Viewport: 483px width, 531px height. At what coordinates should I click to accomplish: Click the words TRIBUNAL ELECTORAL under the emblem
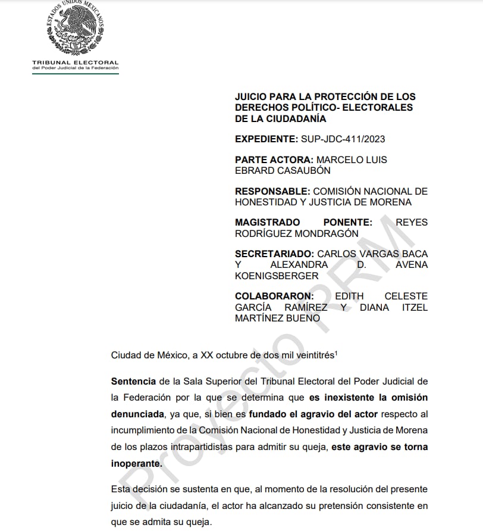coord(75,63)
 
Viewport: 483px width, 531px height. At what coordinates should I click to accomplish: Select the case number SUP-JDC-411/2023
coord(343,139)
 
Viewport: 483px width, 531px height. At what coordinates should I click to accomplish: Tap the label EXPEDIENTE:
coord(266,139)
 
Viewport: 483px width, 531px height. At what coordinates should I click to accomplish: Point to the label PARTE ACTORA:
coord(274,160)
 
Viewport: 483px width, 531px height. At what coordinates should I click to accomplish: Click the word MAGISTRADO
coord(267,223)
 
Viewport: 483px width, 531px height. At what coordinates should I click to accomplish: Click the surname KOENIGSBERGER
coord(277,276)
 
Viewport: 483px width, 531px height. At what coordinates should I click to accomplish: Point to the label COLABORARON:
coord(274,296)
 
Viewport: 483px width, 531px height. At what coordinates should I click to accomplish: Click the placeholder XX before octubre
coord(208,355)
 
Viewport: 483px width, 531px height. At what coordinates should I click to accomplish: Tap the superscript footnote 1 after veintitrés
coord(336,352)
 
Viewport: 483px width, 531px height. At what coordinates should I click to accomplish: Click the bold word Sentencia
coord(133,381)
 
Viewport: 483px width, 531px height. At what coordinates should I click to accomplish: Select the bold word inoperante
coord(135,463)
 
